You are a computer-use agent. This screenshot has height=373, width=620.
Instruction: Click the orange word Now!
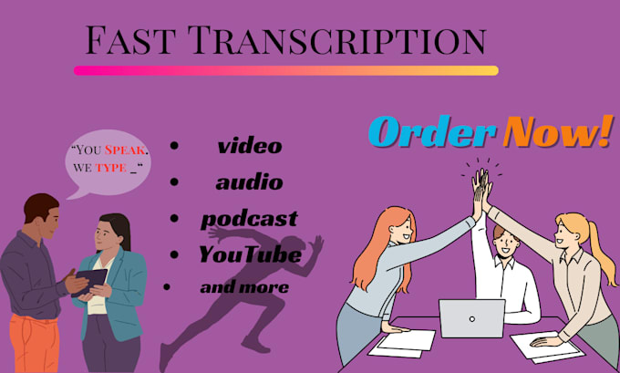click(x=557, y=133)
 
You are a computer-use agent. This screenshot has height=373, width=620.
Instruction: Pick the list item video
click(x=249, y=145)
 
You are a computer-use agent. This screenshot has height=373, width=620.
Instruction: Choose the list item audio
click(x=249, y=181)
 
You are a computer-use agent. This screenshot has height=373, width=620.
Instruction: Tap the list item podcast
click(x=249, y=218)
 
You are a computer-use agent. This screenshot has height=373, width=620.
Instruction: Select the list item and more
click(x=244, y=286)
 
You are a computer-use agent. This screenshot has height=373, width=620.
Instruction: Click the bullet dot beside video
click(x=173, y=146)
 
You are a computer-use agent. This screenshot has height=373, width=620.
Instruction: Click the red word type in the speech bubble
click(x=114, y=168)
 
